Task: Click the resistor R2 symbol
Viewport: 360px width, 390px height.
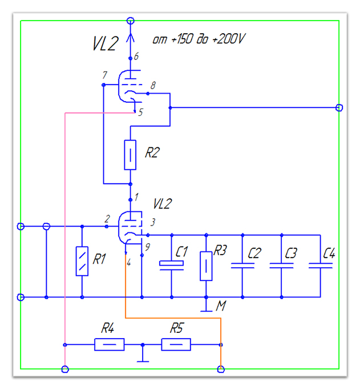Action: coord(131,155)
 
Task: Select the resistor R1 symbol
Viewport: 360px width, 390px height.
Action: coord(83,261)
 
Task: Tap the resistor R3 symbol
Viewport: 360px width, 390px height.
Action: coord(206,266)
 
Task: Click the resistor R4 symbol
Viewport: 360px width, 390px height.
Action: coord(109,344)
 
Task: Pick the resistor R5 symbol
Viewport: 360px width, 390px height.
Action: coord(176,344)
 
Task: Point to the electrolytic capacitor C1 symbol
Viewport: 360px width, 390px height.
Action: coord(172,263)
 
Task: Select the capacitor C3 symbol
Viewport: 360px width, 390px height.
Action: coord(281,265)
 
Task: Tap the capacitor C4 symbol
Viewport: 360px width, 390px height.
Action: coord(320,265)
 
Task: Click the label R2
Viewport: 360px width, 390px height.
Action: coord(153,152)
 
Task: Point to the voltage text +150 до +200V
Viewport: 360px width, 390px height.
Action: coord(199,40)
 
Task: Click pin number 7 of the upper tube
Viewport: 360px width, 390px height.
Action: coord(103,75)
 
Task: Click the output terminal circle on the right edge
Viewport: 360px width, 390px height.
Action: coord(339,107)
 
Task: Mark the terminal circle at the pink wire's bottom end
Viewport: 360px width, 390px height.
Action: coord(66,369)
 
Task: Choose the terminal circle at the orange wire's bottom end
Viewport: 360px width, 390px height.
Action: coord(221,369)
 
